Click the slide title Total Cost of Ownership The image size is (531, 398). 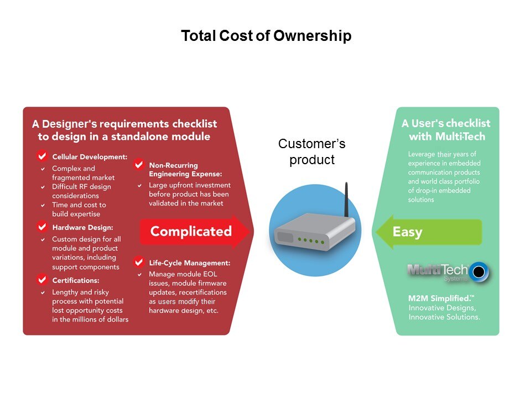(x=266, y=36)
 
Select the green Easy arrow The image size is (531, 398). (x=428, y=232)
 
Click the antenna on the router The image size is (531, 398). (x=346, y=200)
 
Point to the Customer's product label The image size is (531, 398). (x=312, y=151)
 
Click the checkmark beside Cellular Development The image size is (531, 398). (x=42, y=156)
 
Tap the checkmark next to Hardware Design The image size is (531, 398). (x=42, y=227)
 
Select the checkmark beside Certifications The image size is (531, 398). (x=42, y=280)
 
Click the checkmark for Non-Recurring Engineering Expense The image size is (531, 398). (x=138, y=165)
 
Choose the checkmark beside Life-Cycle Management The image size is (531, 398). (x=138, y=262)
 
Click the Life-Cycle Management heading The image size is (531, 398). (x=190, y=263)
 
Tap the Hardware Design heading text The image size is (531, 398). (x=82, y=227)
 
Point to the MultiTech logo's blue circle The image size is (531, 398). (x=478, y=271)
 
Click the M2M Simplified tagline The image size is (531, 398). (x=441, y=298)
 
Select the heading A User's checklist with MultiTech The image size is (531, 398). (x=446, y=129)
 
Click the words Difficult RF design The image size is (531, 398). (x=82, y=187)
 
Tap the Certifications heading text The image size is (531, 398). (x=76, y=281)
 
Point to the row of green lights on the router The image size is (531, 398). (x=311, y=240)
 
